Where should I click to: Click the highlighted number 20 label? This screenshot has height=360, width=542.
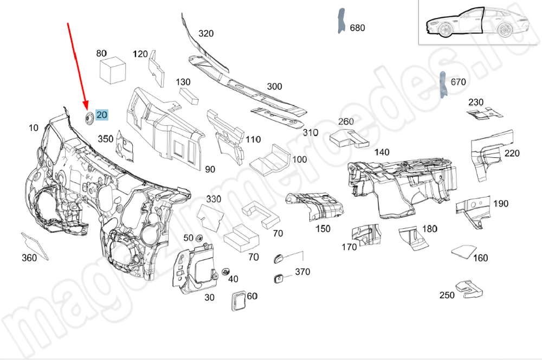pos(102,114)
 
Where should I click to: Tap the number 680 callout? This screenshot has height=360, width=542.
pos(358,28)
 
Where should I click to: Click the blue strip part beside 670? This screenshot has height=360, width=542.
pos(442,85)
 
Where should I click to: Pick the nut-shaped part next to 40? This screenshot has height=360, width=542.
pos(225,271)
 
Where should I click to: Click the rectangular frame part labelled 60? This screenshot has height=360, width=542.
pos(238,300)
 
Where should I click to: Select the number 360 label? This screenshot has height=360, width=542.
pos(29,258)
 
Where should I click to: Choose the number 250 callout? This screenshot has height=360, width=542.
pos(447,295)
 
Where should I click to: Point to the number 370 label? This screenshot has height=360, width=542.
pos(302,272)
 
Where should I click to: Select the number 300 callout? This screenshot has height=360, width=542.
pos(275,86)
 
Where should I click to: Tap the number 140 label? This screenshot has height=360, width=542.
pos(382,152)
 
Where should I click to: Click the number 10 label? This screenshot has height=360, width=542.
pos(34,128)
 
